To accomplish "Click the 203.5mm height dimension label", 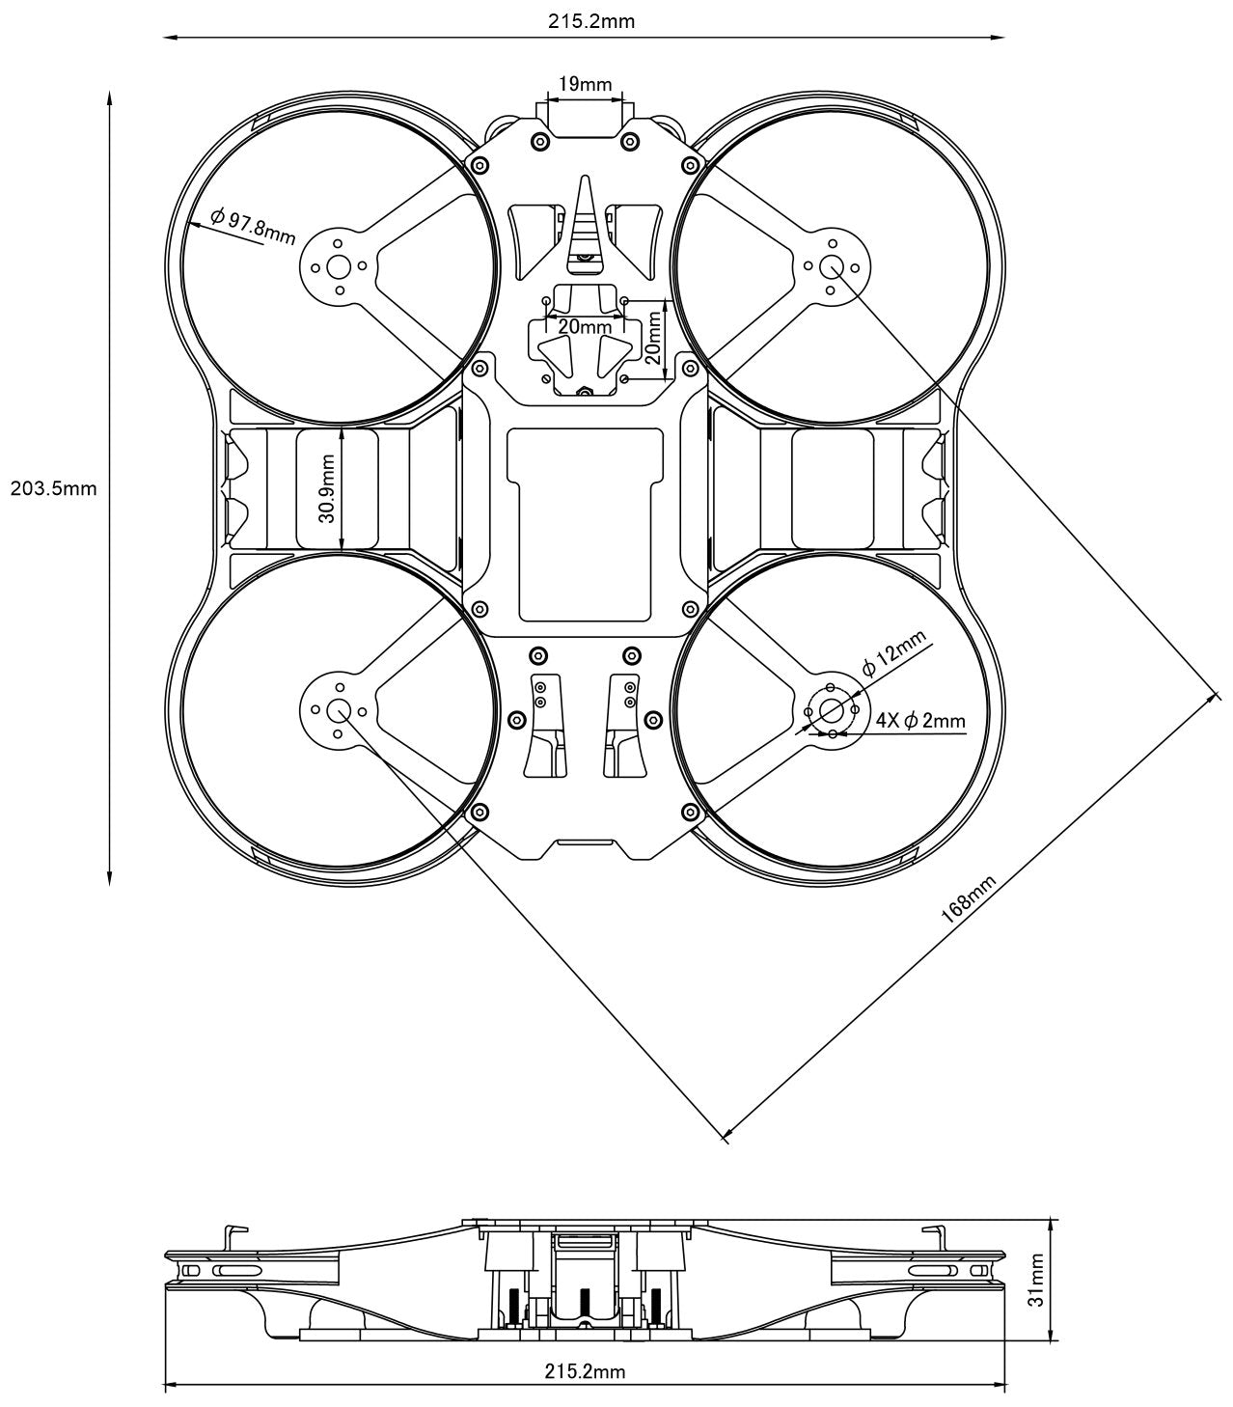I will click(53, 488).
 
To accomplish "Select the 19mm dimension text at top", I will click(584, 84).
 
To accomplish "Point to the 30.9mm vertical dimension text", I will click(327, 490).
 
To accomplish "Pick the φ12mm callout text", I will click(892, 651).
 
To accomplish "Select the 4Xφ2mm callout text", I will click(920, 720).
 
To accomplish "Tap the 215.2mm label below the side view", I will click(585, 1370).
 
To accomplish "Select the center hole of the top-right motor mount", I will click(832, 267).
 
